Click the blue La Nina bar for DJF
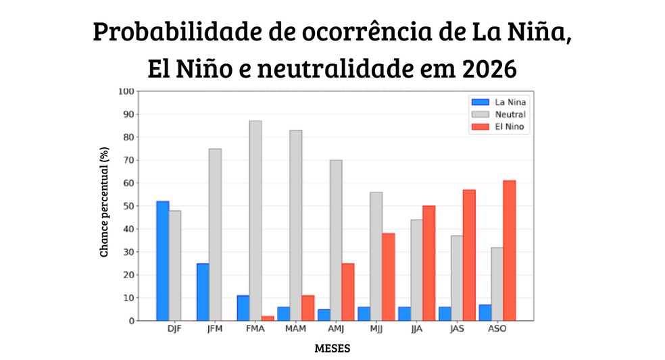coord(163,261)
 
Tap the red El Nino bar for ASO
coord(509,251)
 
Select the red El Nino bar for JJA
coord(428,263)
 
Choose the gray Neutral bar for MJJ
coord(376,256)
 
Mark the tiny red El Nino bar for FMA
coord(268,318)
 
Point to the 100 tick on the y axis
coord(126,91)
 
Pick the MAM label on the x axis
coord(295,329)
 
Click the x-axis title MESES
coord(332,349)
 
